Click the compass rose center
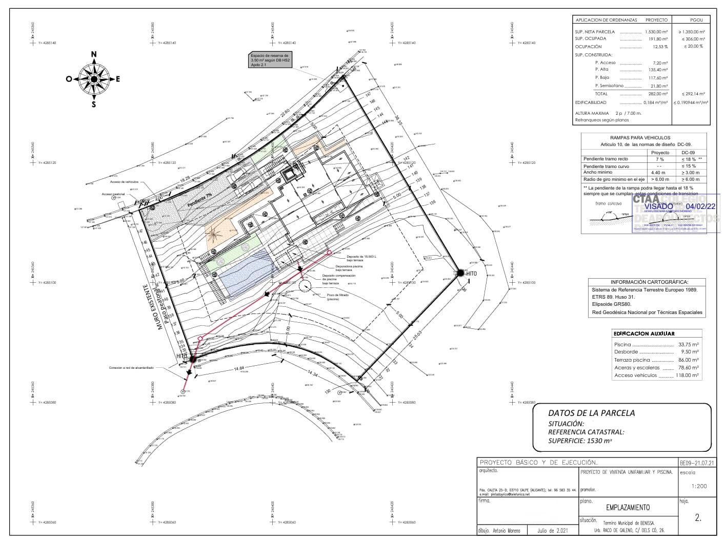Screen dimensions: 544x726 pyautogui.click(x=94, y=79)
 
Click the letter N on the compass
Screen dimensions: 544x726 pyautogui.click(x=94, y=54)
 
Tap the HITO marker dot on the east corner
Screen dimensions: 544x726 pyautogui.click(x=460, y=273)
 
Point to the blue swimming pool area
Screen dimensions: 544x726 pyautogui.click(x=246, y=274)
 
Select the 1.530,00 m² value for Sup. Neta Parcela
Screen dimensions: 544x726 pyautogui.click(x=656, y=32)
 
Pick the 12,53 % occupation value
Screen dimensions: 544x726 pyautogui.click(x=660, y=47)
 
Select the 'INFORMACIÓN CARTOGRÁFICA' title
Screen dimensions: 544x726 pyautogui.click(x=649, y=282)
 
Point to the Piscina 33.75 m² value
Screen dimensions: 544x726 pyautogui.click(x=688, y=345)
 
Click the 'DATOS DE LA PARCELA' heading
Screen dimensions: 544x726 pyautogui.click(x=591, y=413)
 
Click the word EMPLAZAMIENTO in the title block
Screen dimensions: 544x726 pyautogui.click(x=628, y=508)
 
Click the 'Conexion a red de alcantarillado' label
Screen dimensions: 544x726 pyautogui.click(x=131, y=368)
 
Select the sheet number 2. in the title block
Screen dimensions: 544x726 pyautogui.click(x=698, y=518)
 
